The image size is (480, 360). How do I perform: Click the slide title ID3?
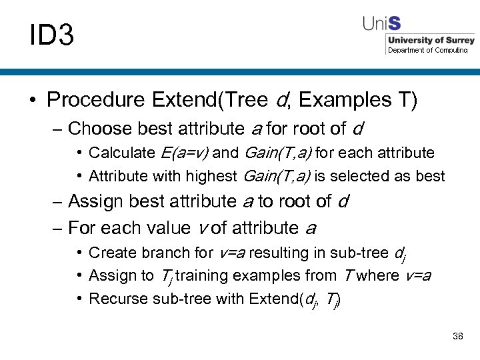(x=51, y=35)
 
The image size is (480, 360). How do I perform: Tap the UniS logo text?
(x=381, y=24)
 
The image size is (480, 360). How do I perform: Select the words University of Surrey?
(x=431, y=41)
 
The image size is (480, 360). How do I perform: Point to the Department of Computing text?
(x=427, y=50)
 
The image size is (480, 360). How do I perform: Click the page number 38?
(x=457, y=336)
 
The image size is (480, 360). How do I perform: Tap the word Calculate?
(x=121, y=153)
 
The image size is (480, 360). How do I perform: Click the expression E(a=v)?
(x=185, y=153)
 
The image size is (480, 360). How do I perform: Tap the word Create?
(x=109, y=253)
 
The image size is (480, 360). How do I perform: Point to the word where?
(x=378, y=276)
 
